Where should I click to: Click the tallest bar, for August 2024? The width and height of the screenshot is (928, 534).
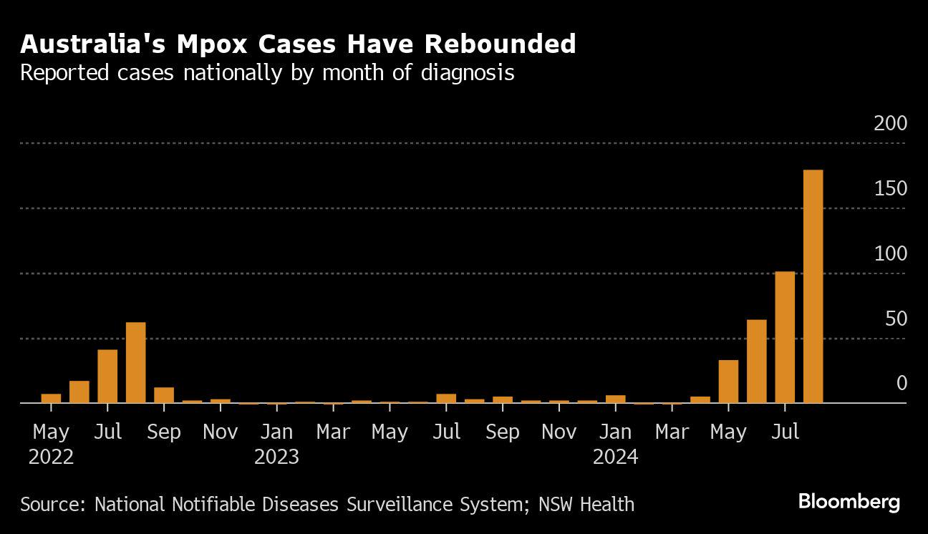[x=813, y=286]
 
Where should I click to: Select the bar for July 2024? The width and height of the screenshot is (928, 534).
[x=785, y=337]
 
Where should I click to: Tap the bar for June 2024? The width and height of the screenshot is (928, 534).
[x=756, y=361]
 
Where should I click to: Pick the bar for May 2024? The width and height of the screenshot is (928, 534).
[x=728, y=382]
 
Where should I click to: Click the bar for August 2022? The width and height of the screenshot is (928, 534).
[x=135, y=363]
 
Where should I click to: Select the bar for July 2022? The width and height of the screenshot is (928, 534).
[x=107, y=377]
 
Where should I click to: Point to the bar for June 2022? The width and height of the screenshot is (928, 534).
[x=79, y=392]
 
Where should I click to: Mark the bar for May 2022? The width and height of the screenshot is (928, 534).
[x=51, y=399]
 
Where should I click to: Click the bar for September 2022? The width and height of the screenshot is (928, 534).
[x=164, y=395]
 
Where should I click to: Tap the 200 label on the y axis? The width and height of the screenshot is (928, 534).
[x=890, y=124]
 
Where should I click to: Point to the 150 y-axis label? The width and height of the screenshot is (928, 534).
[x=890, y=189]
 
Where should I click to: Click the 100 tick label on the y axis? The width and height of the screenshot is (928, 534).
[x=890, y=254]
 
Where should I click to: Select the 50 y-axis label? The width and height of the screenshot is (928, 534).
[x=896, y=319]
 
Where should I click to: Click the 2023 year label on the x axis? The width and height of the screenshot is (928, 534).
[x=276, y=457]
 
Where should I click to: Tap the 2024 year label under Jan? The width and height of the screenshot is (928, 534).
[x=615, y=457]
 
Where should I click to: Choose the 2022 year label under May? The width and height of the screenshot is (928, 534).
[x=51, y=457]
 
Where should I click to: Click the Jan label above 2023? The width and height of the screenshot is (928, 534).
[x=276, y=432]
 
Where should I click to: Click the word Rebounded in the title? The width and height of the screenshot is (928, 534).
[x=500, y=44]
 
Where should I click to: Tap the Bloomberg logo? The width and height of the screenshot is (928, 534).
[x=849, y=503]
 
